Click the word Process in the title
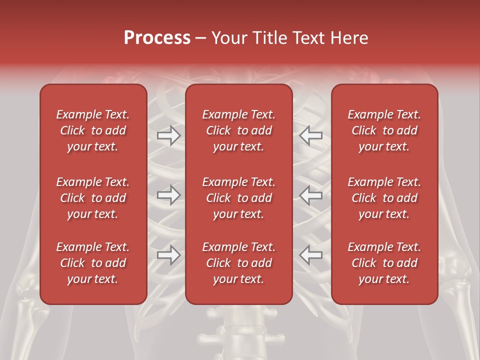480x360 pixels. (x=157, y=38)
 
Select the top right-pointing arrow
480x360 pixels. (x=168, y=135)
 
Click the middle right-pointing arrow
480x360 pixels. (x=168, y=195)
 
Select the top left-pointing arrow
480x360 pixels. (x=311, y=135)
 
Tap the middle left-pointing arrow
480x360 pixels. (x=311, y=195)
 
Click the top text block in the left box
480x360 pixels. (x=93, y=130)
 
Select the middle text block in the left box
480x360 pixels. (x=93, y=198)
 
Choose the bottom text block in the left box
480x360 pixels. (x=93, y=263)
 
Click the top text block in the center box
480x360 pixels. (x=238, y=130)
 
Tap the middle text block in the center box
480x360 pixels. (x=238, y=198)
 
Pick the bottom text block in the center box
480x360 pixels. (x=238, y=263)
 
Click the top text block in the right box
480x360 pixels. (x=384, y=130)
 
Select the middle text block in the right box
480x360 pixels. (x=384, y=198)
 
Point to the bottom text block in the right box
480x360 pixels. (x=384, y=263)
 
